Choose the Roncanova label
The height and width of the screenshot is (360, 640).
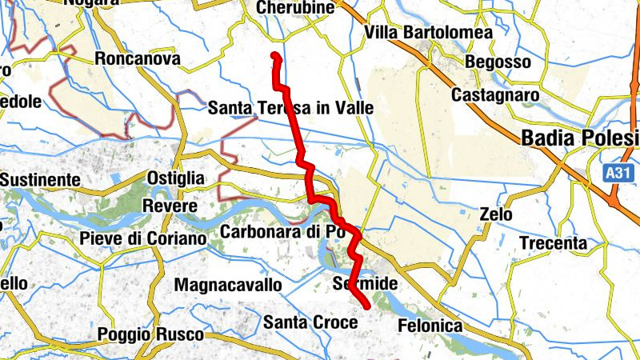(138, 58)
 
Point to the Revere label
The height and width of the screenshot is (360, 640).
(164, 206)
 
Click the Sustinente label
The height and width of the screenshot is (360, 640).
(40, 179)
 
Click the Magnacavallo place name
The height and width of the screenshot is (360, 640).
(228, 285)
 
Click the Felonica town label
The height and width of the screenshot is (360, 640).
(430, 326)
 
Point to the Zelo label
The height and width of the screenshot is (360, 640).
(497, 214)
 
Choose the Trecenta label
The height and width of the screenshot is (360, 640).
(553, 242)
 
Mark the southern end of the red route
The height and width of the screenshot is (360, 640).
(367, 306)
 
